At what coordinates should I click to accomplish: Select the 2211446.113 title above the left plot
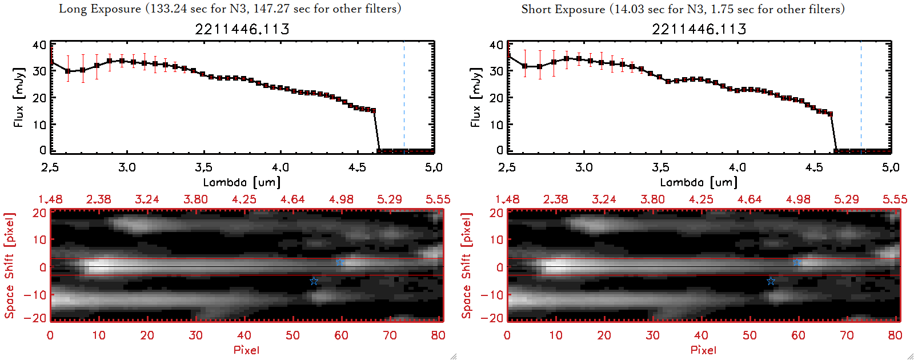click(x=242, y=29)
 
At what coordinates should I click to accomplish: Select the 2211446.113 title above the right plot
click(x=699, y=29)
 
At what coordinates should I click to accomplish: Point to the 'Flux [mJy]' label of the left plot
click(x=19, y=97)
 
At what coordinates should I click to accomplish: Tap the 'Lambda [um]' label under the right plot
click(x=699, y=182)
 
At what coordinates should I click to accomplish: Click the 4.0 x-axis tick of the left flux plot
click(x=280, y=167)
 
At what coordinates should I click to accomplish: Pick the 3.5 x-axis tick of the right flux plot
click(x=660, y=167)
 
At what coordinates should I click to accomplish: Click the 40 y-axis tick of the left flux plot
click(x=39, y=45)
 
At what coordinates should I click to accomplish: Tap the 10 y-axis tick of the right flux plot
click(x=496, y=124)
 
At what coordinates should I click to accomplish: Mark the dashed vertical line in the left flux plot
click(x=404, y=97)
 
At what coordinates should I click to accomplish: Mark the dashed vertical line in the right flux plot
click(x=861, y=97)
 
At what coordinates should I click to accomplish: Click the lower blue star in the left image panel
click(x=314, y=281)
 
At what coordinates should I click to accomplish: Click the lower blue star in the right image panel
click(x=771, y=281)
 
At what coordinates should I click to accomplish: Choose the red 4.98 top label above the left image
click(x=341, y=199)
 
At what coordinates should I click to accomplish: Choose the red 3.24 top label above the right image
click(x=604, y=199)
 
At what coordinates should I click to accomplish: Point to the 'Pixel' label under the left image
click(x=246, y=350)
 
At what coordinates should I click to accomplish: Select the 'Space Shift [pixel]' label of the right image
click(x=467, y=266)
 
